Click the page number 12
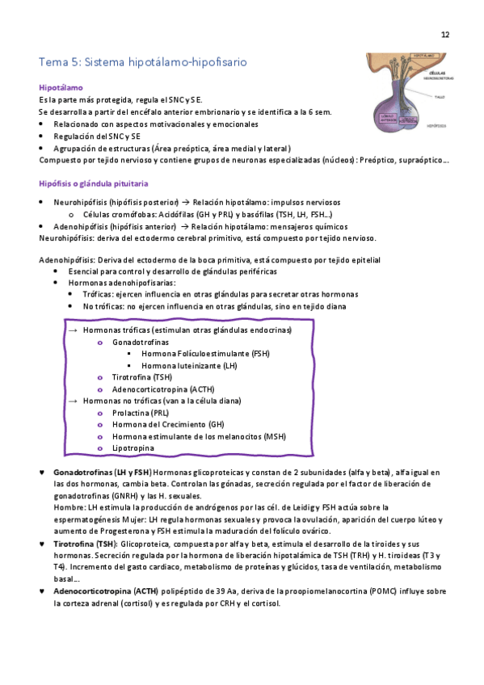pyautogui.click(x=445, y=35)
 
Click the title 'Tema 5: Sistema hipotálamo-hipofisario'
pyautogui.click(x=143, y=61)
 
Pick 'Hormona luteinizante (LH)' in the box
pyautogui.click(x=188, y=365)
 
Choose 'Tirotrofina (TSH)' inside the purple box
pyautogui.click(x=142, y=377)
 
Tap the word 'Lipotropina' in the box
pyautogui.click(x=133, y=448)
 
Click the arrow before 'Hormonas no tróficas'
pyautogui.click(x=73, y=401)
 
